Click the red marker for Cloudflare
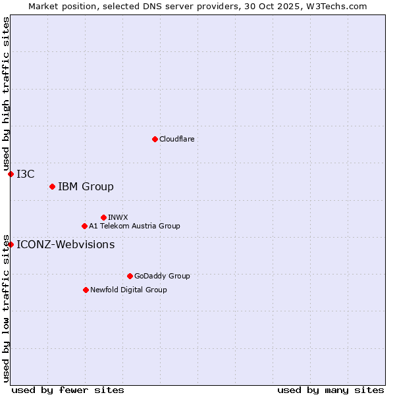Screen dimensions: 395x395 pos(155,139)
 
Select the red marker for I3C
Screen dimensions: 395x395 pos(11,174)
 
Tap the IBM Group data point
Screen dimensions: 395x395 pos(52,187)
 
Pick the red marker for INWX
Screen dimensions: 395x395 pos(103,217)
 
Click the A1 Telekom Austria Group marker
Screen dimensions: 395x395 pos(84,226)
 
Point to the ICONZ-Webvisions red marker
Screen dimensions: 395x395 pos(11,245)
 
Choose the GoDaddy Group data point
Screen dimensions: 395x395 pos(130,276)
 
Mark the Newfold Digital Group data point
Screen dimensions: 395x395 pos(86,290)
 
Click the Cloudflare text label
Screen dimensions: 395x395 pos(176,139)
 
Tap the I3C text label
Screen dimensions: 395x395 pos(26,174)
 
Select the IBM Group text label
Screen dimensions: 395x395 pos(86,187)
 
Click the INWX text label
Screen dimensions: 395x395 pos(118,217)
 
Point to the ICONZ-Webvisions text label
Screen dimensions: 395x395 pos(65,245)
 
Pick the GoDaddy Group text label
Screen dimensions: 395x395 pos(162,276)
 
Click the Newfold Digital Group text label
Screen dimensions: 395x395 pos(128,290)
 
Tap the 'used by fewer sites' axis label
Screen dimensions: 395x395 pos(67,390)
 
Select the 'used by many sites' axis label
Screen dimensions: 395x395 pos(330,390)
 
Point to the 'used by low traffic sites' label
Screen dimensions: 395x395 pos(6,307)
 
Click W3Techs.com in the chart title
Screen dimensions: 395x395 pos(336,6)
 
